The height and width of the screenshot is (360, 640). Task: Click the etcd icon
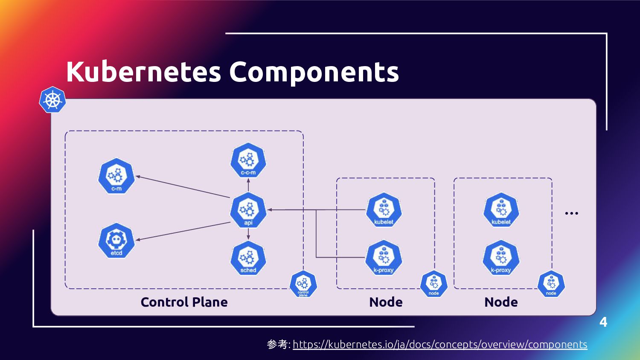116,241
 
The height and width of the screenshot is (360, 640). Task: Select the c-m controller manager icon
116,176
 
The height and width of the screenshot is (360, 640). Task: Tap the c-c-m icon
248,161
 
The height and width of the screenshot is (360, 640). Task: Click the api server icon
248,210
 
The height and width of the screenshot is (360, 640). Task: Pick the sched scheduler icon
248,258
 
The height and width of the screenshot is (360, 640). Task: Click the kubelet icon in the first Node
384,210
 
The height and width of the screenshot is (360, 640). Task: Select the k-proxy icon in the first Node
384,258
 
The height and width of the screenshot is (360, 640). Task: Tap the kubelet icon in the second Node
501,210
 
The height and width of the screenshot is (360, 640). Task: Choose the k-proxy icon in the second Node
501,258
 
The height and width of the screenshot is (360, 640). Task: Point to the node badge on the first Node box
434,284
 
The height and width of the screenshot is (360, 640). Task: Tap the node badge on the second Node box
551,284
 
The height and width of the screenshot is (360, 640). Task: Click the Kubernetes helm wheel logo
52,100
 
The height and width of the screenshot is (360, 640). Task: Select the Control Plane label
184,302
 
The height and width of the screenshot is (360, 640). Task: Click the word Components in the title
314,72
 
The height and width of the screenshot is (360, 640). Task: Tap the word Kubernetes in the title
143,72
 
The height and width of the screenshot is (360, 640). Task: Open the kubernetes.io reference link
440,345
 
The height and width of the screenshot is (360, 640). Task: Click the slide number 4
603,322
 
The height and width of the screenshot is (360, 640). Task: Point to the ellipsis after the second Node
571,213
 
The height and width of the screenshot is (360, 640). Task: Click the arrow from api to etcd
183,231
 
